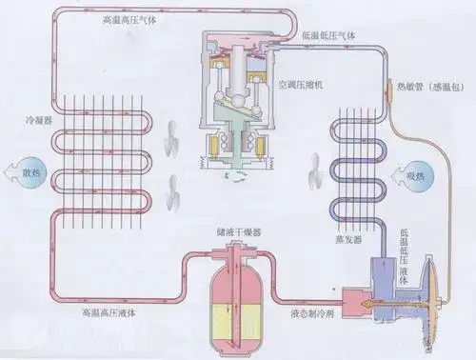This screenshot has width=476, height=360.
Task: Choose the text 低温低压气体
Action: point(329,35)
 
